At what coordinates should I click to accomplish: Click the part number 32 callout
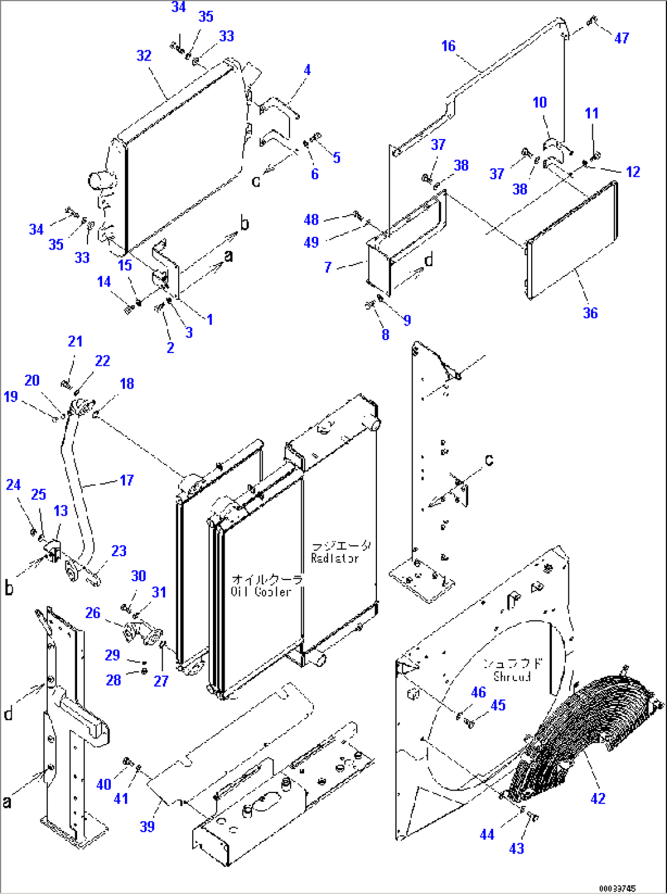144,56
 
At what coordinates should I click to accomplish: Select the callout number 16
448,46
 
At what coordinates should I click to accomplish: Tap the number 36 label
590,313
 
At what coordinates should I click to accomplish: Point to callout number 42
598,798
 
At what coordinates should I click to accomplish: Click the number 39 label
147,826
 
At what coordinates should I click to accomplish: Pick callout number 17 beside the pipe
127,480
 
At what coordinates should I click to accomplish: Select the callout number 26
92,613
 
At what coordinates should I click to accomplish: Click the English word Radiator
335,558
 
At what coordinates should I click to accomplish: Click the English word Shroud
512,677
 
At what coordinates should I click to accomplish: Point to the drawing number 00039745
617,888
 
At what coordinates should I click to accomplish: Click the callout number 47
621,38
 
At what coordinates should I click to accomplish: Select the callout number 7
328,267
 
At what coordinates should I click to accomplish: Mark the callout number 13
61,510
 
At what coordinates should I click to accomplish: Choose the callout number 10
539,102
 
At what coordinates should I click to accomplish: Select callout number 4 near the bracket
307,70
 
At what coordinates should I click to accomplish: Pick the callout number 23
119,551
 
